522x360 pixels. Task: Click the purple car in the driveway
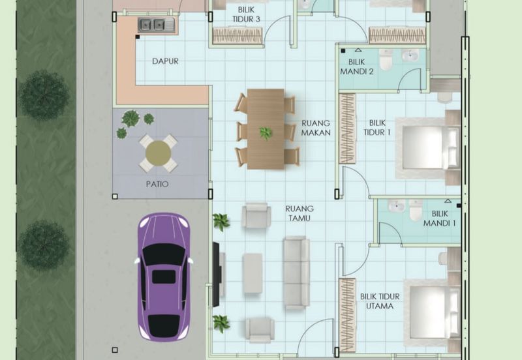164,277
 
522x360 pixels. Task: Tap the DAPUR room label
165,61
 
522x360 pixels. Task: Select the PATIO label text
157,184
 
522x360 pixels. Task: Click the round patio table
158,153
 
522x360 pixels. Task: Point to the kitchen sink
156,25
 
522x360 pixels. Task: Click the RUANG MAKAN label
316,128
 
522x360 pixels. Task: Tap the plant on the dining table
266,133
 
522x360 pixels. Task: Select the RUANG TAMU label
299,213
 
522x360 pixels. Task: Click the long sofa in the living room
296,273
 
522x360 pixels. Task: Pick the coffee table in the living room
253,273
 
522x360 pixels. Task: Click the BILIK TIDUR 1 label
377,128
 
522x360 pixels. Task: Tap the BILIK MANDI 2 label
356,67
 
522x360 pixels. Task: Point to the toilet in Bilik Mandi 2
386,59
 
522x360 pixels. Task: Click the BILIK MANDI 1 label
439,218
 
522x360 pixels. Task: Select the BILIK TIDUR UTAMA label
380,301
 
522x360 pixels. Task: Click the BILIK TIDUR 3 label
246,14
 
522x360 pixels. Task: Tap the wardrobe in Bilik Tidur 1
347,128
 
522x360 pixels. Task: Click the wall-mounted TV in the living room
216,275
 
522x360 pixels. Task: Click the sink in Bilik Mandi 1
396,206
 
